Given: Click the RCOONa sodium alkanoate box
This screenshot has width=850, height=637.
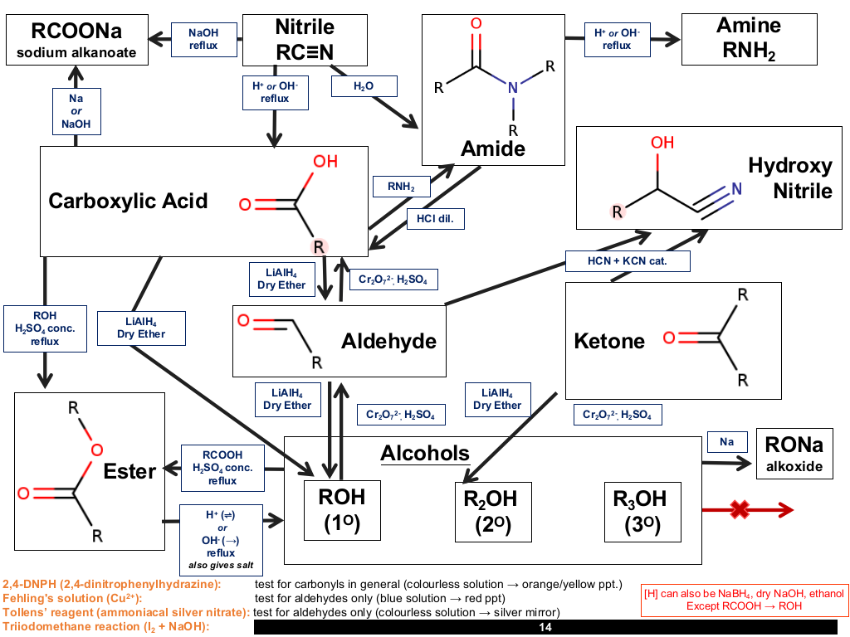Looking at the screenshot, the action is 77,40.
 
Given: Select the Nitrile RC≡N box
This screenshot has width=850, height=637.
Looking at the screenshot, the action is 305,40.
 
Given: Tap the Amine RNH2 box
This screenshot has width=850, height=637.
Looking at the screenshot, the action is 750,40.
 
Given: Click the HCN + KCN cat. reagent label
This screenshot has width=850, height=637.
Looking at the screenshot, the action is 628,261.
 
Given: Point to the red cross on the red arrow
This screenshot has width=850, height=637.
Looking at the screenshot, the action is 740,509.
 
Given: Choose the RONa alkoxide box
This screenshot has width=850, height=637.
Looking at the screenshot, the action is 794,454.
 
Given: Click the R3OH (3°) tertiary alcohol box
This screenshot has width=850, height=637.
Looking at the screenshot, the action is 642,512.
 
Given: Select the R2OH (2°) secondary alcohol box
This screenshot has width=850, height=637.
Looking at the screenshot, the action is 493,512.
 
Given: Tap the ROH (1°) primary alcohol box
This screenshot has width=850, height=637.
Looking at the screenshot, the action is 342,510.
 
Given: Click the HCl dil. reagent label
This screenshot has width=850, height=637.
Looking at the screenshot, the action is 436,219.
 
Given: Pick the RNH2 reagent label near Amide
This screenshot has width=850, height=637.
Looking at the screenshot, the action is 401,187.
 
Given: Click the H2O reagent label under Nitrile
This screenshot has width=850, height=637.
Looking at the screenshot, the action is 364,86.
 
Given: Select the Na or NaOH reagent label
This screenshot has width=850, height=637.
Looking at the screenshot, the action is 76,112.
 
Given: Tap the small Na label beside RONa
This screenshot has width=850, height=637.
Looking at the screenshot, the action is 727,442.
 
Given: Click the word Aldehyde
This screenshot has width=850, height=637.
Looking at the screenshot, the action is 388,341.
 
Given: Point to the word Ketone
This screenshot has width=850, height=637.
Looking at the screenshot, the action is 609,341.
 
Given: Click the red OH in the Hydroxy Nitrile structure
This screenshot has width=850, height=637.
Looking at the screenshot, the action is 662,143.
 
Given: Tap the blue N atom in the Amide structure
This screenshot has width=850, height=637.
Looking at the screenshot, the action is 513,88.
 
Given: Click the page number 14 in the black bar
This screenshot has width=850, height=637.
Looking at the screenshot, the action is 545,627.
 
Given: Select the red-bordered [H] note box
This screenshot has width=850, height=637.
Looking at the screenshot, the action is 744,601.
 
